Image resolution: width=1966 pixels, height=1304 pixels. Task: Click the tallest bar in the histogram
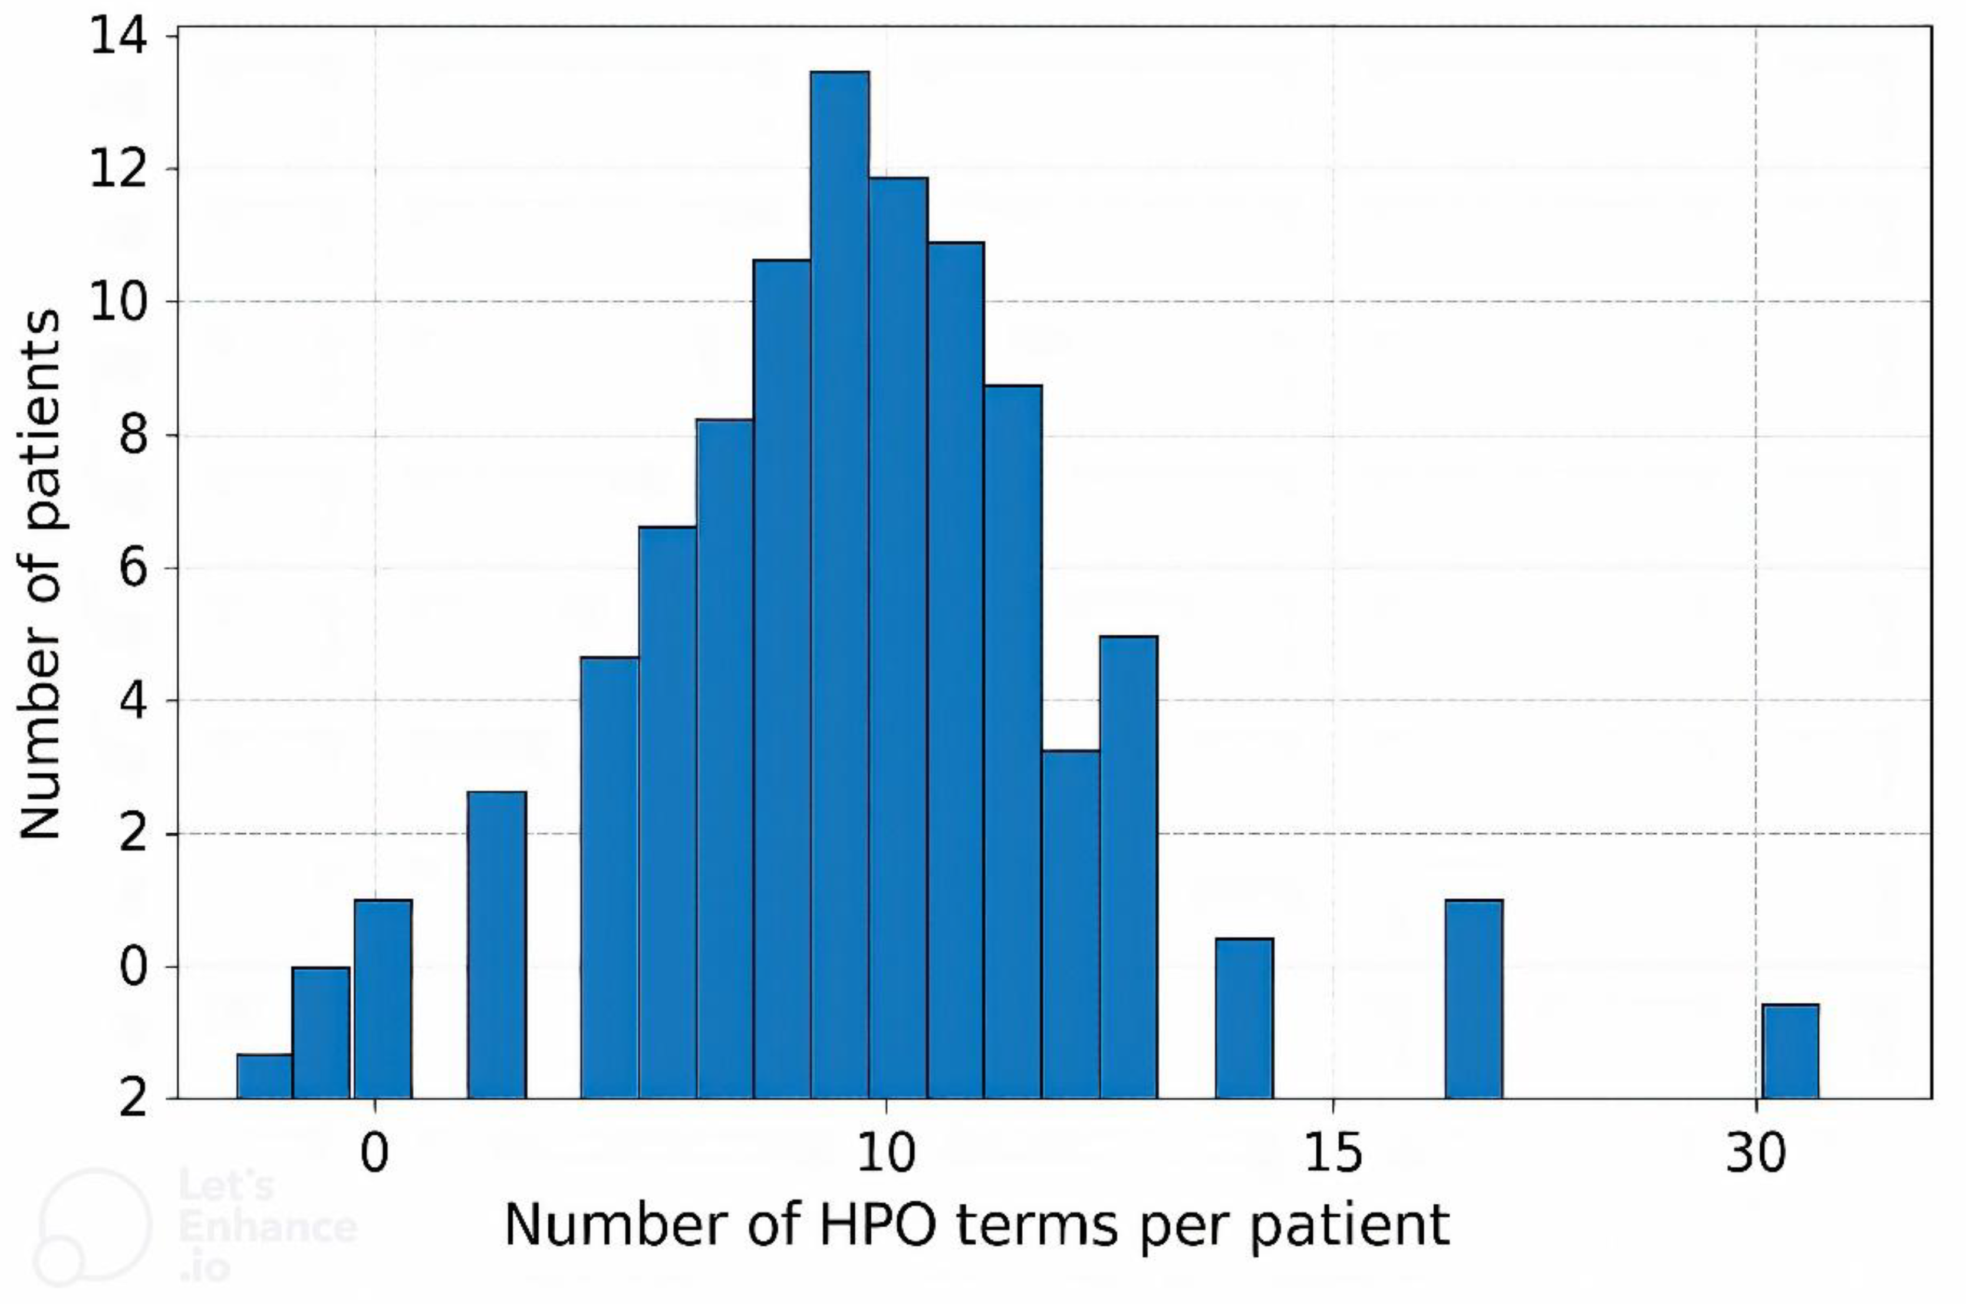[x=839, y=582]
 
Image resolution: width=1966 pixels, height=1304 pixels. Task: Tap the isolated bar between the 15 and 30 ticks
[x=1473, y=998]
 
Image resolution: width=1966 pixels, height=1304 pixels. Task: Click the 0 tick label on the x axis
[x=375, y=1152]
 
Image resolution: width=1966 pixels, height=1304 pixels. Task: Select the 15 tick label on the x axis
[x=1332, y=1152]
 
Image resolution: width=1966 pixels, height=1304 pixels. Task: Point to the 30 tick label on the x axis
[x=1756, y=1152]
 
